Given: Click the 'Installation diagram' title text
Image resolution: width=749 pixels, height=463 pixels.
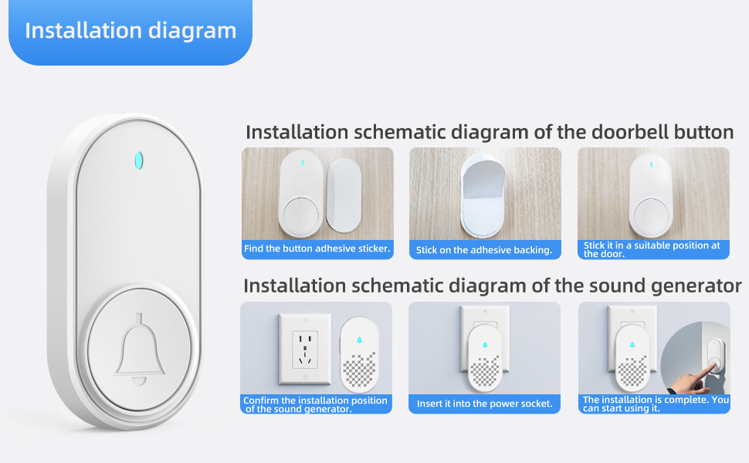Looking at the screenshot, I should click(x=130, y=31).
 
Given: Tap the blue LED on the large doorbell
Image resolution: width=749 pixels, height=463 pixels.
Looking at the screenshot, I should click(x=139, y=161).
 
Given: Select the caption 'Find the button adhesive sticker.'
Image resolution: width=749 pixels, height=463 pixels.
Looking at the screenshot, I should click(x=317, y=249).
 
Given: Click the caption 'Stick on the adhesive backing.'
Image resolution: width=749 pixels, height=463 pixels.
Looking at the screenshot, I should click(x=484, y=250).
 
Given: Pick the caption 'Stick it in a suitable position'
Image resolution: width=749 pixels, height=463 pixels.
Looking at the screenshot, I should click(x=652, y=249).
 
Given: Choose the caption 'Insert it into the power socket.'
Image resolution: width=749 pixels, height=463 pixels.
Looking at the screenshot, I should click(x=484, y=404).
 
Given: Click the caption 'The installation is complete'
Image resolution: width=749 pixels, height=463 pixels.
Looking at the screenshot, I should click(x=655, y=404).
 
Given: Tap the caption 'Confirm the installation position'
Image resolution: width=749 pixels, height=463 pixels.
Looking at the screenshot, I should click(x=315, y=404).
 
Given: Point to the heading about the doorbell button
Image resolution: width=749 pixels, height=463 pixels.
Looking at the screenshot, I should click(x=489, y=132).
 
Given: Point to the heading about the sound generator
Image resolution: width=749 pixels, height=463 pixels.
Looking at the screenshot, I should click(x=492, y=286).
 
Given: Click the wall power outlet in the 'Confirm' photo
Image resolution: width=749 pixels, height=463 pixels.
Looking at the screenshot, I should click(x=304, y=346).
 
